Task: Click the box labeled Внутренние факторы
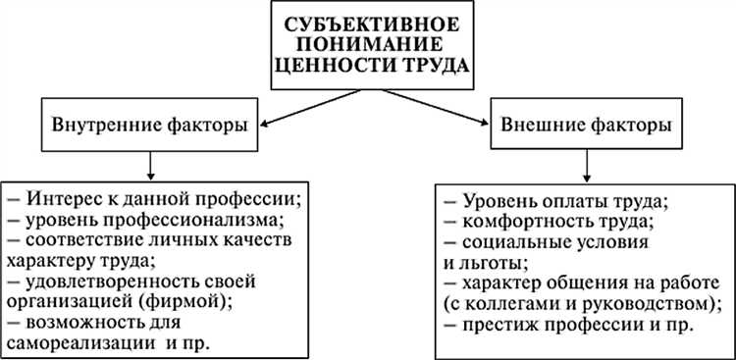click(149, 126)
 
